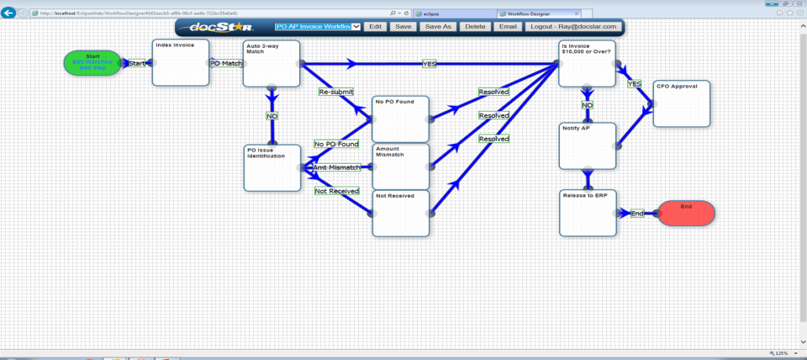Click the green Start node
tap(92, 62)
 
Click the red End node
tap(686, 213)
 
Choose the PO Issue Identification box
tap(272, 167)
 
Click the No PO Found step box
tap(400, 119)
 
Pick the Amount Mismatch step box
tap(400, 166)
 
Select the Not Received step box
tap(400, 214)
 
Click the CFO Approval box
tap(681, 103)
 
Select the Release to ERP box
tap(588, 213)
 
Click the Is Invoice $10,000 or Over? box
tap(588, 62)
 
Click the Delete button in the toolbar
tap(475, 27)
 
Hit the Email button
tap(508, 27)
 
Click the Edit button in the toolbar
tap(375, 27)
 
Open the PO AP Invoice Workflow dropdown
tap(318, 27)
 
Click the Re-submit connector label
tap(335, 92)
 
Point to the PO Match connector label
tap(226, 63)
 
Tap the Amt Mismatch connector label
tap(336, 167)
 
